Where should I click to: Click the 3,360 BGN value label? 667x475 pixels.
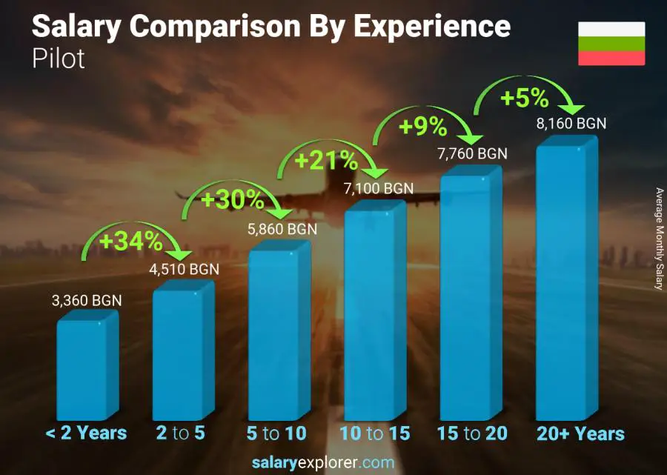[86, 301]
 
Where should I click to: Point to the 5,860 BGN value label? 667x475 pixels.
[282, 230]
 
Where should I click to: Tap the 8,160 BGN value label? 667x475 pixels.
[571, 124]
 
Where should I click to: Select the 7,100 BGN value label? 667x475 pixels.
[378, 188]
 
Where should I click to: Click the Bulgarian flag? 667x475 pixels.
[611, 44]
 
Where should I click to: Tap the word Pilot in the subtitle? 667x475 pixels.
[59, 59]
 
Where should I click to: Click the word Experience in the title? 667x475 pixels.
[431, 27]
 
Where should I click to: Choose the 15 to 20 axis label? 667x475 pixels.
[472, 434]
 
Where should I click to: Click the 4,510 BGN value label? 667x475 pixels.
[184, 269]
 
